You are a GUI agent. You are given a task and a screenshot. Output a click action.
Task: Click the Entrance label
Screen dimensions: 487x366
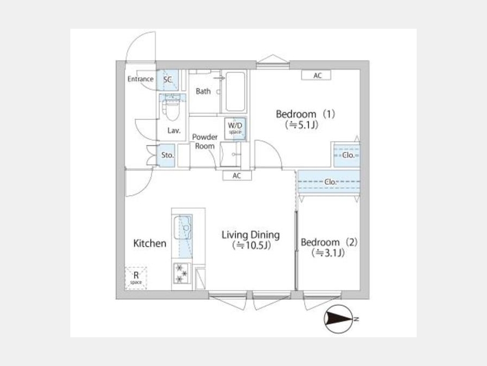click(x=140, y=79)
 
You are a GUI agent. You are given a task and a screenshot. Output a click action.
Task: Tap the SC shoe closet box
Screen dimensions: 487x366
click(x=167, y=80)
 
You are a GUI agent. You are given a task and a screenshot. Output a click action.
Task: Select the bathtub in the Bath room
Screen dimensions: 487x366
click(x=235, y=92)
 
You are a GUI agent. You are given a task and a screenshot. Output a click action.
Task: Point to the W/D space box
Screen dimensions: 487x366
click(x=235, y=128)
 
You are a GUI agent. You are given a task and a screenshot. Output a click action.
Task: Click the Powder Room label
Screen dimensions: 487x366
click(x=205, y=142)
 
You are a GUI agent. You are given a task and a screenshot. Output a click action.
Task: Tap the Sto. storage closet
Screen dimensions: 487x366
click(x=167, y=155)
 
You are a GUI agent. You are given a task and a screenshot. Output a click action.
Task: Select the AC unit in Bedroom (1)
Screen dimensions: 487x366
click(x=316, y=75)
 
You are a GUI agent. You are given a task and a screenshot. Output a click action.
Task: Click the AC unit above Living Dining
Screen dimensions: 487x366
click(x=237, y=176)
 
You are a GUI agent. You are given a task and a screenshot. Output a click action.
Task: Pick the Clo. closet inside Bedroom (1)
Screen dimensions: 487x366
click(x=347, y=155)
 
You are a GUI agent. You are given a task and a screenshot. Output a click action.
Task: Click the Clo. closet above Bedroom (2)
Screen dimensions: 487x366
click(x=329, y=182)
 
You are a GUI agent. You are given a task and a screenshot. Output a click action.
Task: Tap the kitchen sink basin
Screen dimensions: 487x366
click(x=183, y=228)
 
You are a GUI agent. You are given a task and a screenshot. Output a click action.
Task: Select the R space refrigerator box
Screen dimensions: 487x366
click(x=136, y=278)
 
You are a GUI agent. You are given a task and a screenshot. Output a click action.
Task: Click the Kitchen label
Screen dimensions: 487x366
click(x=150, y=243)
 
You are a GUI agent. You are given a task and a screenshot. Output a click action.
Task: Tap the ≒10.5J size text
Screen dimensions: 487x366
click(x=252, y=246)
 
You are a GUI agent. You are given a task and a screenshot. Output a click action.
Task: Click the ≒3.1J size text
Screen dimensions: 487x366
click(x=328, y=253)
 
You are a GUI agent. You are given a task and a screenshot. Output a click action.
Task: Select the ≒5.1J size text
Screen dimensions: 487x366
click(x=301, y=125)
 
